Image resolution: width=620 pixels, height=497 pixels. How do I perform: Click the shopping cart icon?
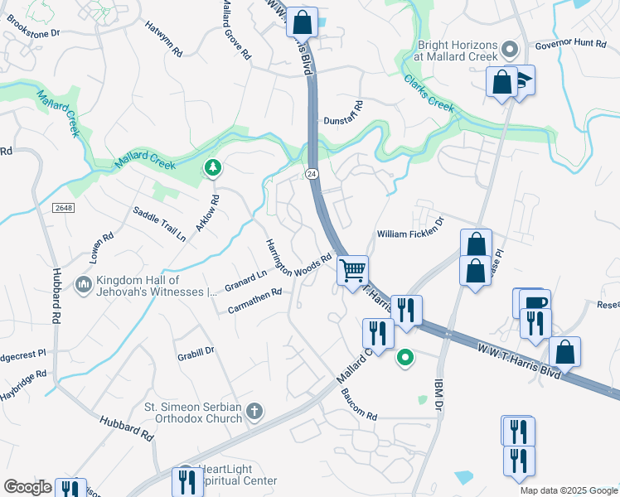click(354, 270)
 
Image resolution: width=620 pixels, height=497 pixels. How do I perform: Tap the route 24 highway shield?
click(311, 174)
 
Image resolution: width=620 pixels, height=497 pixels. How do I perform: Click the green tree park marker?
click(214, 169)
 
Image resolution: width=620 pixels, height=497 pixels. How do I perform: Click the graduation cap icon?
click(524, 80)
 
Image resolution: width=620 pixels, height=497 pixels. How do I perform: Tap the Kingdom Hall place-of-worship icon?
click(83, 285)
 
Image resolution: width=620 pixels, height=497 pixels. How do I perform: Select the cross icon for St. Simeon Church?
click(255, 411)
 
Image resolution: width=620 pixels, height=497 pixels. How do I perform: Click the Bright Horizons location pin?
click(511, 50)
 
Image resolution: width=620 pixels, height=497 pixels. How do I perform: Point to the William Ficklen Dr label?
click(411, 234)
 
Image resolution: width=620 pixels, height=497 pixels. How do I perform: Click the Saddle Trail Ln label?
click(159, 224)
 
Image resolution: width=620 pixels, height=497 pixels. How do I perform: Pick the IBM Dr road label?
click(439, 398)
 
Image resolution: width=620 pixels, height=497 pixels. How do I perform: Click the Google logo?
click(27, 486)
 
